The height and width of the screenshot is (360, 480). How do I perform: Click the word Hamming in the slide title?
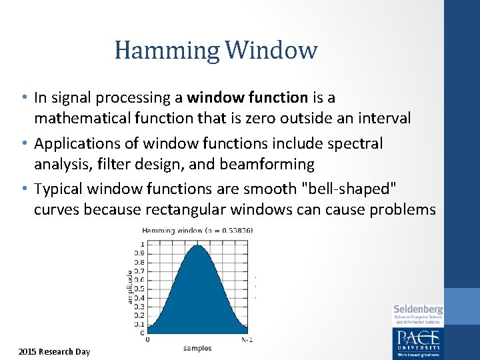tap(167, 50)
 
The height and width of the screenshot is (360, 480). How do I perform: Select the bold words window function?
tap(247, 98)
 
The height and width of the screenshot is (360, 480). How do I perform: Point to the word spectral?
tap(358, 144)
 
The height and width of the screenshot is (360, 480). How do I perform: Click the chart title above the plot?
tap(197, 231)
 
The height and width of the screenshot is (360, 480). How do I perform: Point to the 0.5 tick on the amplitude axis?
tap(139, 289)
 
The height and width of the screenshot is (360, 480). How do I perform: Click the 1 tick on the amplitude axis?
tap(142, 245)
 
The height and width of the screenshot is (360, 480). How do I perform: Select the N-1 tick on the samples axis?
tap(247, 339)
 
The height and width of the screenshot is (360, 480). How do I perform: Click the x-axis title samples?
tap(197, 348)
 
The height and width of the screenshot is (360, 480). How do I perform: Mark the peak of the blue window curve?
tap(197, 246)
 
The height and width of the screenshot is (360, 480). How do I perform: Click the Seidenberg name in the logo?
tap(418, 309)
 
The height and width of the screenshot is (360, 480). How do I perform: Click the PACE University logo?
tap(417, 339)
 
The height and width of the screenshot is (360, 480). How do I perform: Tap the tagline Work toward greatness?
tap(417, 355)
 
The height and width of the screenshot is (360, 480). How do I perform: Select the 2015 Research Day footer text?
tap(54, 351)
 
